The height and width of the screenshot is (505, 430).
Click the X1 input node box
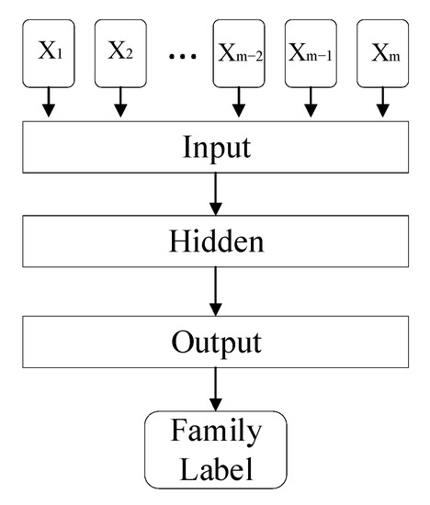pos(50,54)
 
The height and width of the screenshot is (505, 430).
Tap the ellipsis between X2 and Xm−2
pos(184,56)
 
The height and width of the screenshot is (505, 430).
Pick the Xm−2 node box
pos(238,54)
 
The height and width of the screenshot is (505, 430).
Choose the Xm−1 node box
pos(311,54)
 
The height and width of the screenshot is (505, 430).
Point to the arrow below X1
pos(50,105)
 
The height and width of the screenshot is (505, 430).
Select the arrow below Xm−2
pos(238,105)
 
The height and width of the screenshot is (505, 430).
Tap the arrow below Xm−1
pos(311,105)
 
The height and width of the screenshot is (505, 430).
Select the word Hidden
pos(217,243)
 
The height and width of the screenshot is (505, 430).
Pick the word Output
pos(217,342)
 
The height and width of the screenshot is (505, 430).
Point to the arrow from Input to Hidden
pos(217,196)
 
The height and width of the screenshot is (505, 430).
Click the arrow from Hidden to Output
pos(217,292)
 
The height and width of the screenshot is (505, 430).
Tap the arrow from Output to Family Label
pos(217,389)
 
